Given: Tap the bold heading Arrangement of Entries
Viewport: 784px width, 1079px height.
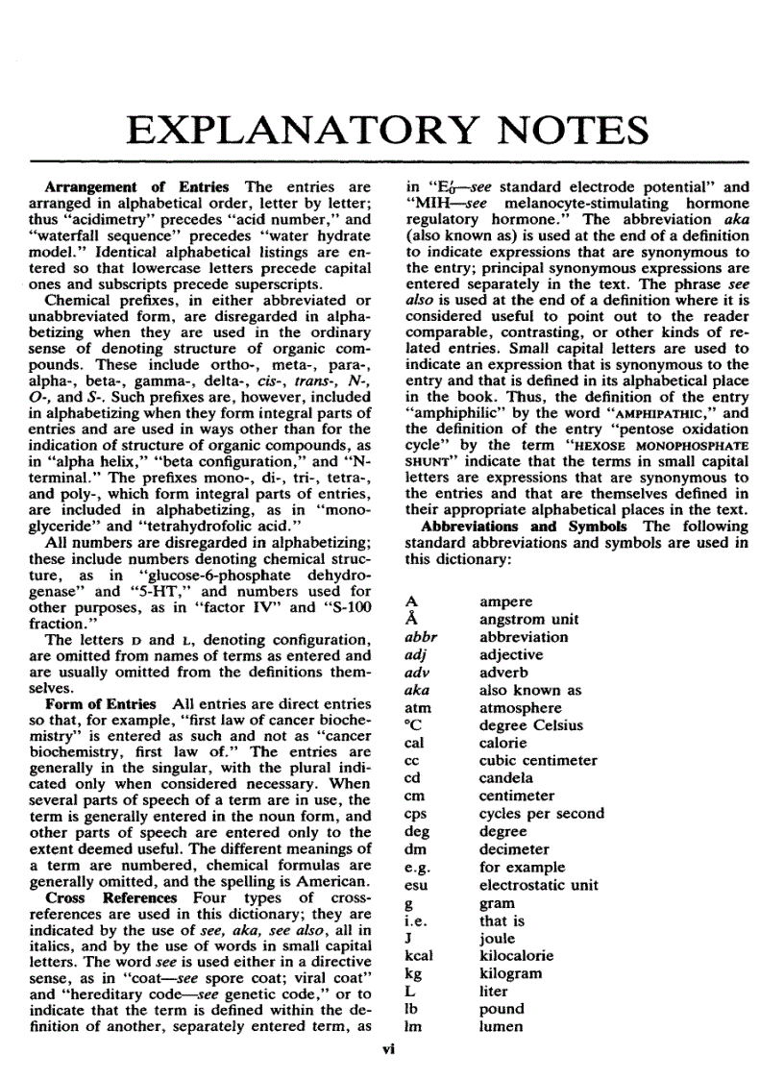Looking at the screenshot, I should (137, 186).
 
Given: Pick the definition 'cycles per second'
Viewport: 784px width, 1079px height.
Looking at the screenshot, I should (541, 813).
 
